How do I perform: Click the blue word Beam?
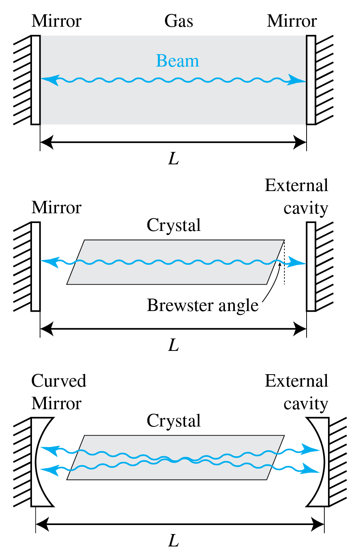[177, 61]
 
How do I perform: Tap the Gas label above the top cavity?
[179, 21]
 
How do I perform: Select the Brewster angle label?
[202, 305]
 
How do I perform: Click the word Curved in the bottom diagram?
[59, 381]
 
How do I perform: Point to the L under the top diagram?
[173, 159]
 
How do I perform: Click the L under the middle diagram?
[173, 345]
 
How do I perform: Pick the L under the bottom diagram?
[173, 541]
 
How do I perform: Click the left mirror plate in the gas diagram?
[36, 80]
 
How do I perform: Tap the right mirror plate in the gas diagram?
[311, 80]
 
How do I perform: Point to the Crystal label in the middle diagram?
[173, 225]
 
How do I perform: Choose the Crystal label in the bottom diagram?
[173, 421]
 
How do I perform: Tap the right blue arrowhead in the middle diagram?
[297, 262]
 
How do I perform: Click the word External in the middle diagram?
[296, 185]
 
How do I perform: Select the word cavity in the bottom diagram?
[305, 404]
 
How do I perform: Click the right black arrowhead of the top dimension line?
[300, 143]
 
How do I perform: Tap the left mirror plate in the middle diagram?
[36, 266]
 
